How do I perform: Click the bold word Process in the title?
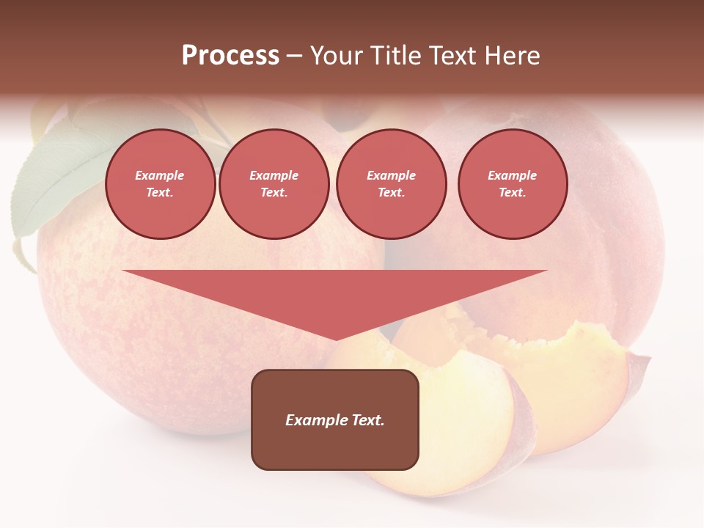(230, 56)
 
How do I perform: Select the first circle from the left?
(160, 184)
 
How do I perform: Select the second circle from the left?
(274, 184)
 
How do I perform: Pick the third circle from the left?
(391, 184)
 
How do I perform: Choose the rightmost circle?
(512, 184)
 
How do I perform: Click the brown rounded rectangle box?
(335, 447)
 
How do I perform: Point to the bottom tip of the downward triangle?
(336, 339)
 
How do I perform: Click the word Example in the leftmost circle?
(160, 176)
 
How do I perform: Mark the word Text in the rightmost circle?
(512, 193)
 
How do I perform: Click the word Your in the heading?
(339, 56)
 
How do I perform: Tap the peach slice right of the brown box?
(469, 425)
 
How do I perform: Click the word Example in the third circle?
(391, 176)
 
